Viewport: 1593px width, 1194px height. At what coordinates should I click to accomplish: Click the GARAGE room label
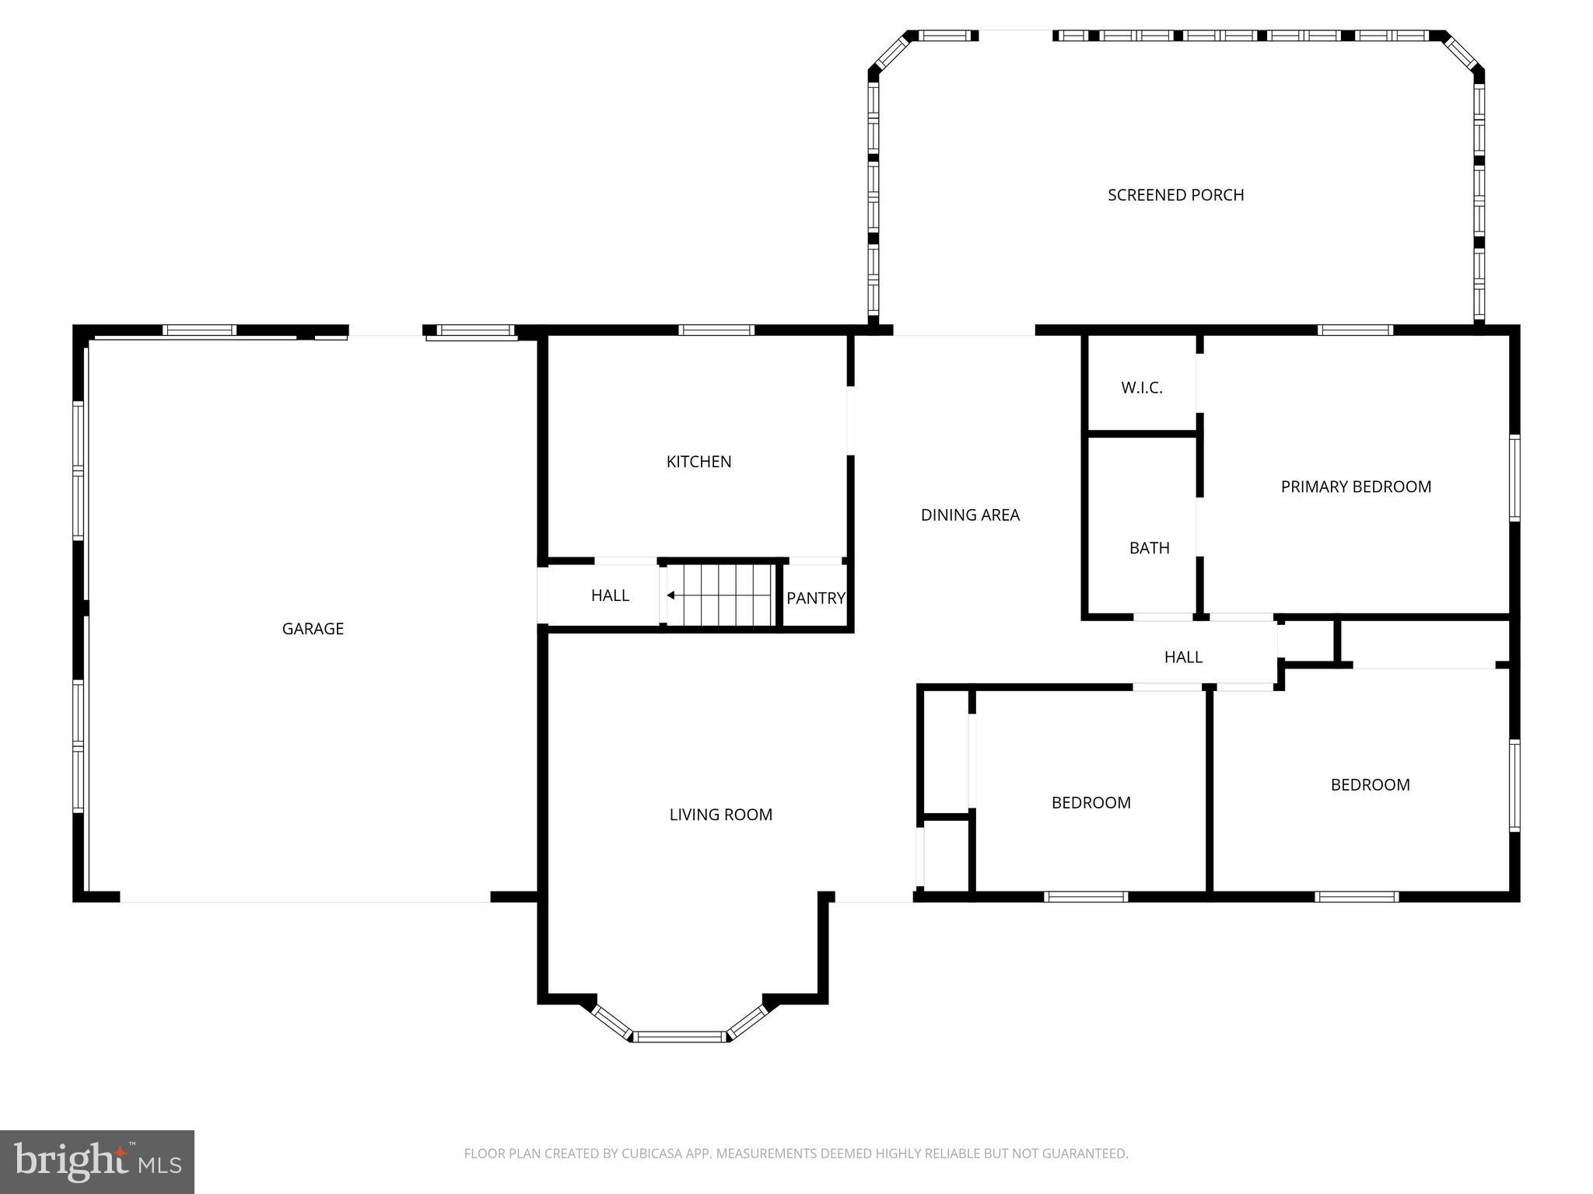point(313,629)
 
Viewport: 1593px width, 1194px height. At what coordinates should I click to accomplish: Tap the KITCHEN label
point(698,462)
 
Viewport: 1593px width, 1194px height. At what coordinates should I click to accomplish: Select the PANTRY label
point(814,598)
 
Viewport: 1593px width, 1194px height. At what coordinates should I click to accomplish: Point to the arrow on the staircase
point(670,595)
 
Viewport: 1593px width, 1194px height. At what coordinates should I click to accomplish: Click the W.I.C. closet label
point(1141,388)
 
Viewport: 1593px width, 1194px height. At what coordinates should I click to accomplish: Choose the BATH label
point(1149,548)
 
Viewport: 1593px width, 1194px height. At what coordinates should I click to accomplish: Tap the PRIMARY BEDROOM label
point(1355,487)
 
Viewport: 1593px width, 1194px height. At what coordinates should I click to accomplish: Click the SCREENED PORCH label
point(1175,195)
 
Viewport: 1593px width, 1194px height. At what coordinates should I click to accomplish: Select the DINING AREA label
point(969,515)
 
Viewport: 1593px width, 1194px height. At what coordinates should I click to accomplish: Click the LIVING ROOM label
point(720,815)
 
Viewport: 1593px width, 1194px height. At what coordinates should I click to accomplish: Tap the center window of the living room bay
point(679,1036)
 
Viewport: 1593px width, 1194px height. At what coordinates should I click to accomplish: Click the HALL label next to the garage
point(609,595)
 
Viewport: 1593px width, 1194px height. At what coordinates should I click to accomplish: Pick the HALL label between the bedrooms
point(1182,657)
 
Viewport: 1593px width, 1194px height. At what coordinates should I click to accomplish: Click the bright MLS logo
point(97,1161)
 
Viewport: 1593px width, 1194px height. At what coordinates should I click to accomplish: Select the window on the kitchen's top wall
point(716,330)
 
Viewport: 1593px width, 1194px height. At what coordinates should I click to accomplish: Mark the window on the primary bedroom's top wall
point(1355,330)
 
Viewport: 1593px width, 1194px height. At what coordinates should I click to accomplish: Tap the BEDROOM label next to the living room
point(1091,802)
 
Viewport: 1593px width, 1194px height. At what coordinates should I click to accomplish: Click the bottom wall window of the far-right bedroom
point(1356,896)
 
